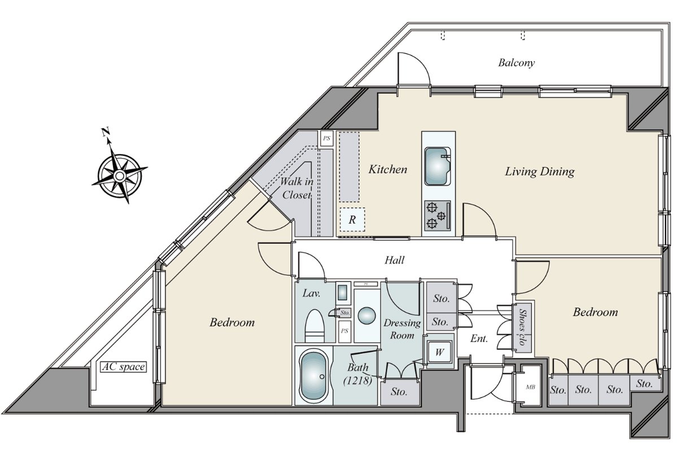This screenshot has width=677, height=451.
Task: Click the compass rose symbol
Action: pyautogui.click(x=120, y=175)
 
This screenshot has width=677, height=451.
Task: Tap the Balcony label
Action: pyautogui.click(x=517, y=63)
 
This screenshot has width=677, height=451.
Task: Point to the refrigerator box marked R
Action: pyautogui.click(x=352, y=220)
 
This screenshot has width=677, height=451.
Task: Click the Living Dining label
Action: pyautogui.click(x=540, y=172)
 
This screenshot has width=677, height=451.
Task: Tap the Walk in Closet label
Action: pyautogui.click(x=297, y=188)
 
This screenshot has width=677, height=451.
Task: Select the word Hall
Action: pyautogui.click(x=395, y=260)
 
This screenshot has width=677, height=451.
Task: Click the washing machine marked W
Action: pyautogui.click(x=439, y=352)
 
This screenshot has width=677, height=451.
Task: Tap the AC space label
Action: pyautogui.click(x=123, y=367)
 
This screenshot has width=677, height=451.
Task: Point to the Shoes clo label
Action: pyautogui.click(x=522, y=327)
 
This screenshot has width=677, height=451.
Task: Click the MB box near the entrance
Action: pyautogui.click(x=530, y=387)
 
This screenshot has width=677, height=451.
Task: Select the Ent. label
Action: pyautogui.click(x=479, y=339)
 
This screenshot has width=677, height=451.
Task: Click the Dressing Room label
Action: pyautogui.click(x=402, y=329)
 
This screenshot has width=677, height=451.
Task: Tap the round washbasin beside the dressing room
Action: pyautogui.click(x=366, y=316)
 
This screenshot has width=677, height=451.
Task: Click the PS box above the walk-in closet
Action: pyautogui.click(x=326, y=138)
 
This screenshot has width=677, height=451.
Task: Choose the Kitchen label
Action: pyautogui.click(x=388, y=169)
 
